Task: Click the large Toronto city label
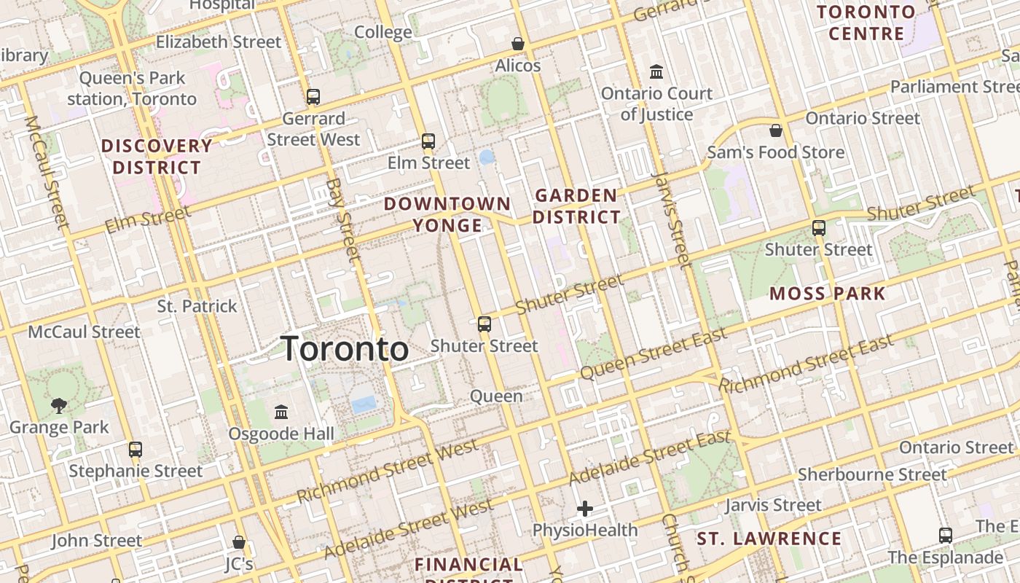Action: tap(345, 349)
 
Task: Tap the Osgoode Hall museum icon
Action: tap(281, 412)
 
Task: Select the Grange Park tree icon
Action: tap(59, 405)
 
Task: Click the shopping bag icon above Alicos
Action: tap(518, 44)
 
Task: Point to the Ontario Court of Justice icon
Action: tap(656, 72)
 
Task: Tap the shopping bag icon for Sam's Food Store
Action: tap(776, 130)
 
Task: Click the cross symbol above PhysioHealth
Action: tap(585, 509)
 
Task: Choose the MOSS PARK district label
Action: tap(828, 294)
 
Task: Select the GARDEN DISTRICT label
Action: tap(576, 206)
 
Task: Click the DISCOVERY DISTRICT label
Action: tap(157, 157)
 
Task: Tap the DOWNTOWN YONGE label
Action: tap(447, 214)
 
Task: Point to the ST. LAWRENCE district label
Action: tap(769, 539)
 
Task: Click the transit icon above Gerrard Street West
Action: tap(313, 96)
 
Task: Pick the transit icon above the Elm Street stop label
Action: tap(428, 141)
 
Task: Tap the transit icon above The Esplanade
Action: tap(946, 536)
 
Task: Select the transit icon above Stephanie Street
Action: tap(136, 449)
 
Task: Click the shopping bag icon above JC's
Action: tap(238, 542)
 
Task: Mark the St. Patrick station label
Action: tap(197, 306)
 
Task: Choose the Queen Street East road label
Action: tap(654, 354)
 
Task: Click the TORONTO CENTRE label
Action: tap(866, 23)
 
